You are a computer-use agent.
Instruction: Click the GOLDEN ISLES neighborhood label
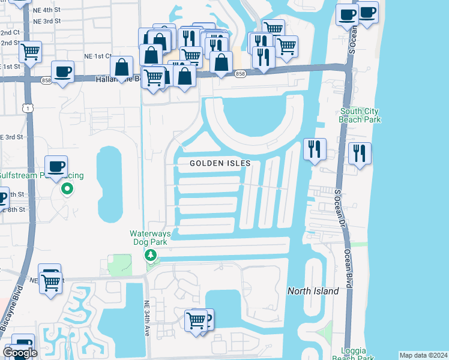(x=220, y=163)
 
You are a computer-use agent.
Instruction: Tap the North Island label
(x=313, y=291)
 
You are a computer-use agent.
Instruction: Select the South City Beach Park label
(x=360, y=115)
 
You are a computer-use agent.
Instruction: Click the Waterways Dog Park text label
(x=151, y=238)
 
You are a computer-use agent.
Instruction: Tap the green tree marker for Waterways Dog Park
(x=151, y=256)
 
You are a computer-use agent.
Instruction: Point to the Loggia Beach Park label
(x=358, y=354)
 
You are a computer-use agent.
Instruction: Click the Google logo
(x=20, y=353)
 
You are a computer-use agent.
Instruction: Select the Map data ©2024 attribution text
(x=423, y=355)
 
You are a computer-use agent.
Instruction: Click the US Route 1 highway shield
(x=28, y=107)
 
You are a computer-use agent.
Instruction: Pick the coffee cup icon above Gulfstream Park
(x=56, y=166)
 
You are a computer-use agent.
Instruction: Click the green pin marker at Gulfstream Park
(x=67, y=190)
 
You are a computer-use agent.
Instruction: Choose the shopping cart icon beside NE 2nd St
(x=30, y=51)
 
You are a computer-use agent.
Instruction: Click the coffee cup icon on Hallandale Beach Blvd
(x=62, y=71)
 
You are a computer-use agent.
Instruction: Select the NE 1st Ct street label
(x=98, y=56)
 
